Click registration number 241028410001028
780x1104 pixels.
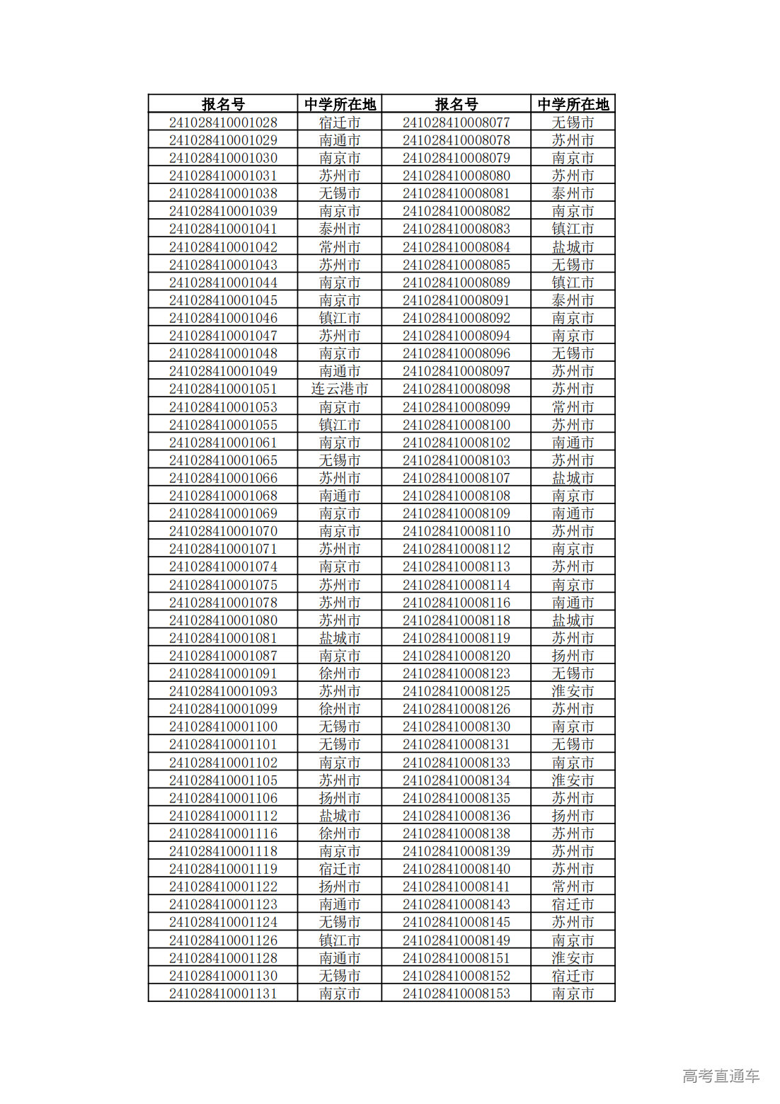[x=223, y=123]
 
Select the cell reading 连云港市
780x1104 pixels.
[x=340, y=389]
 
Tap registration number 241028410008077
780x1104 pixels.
[x=456, y=123]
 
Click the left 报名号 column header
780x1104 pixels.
[x=223, y=104]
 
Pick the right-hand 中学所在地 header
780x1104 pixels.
[x=573, y=104]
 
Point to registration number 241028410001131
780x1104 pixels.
[x=223, y=994]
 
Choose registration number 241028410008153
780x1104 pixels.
[x=456, y=994]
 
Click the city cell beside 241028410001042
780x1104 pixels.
[x=340, y=247]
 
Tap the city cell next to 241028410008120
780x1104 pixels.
[x=573, y=656]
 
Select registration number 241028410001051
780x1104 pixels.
[x=223, y=389]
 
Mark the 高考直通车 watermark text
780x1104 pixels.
[x=721, y=1076]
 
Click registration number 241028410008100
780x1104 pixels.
[x=456, y=425]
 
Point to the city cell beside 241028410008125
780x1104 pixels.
[x=573, y=691]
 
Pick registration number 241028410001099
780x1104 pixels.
[x=223, y=709]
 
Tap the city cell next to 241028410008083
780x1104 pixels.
[x=573, y=229]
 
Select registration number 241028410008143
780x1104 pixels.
[x=456, y=904]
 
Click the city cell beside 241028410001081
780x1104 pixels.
[x=340, y=638]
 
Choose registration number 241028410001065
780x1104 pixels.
[x=223, y=460]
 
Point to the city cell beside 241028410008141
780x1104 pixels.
[x=573, y=887]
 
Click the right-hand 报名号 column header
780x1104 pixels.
[x=456, y=104]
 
